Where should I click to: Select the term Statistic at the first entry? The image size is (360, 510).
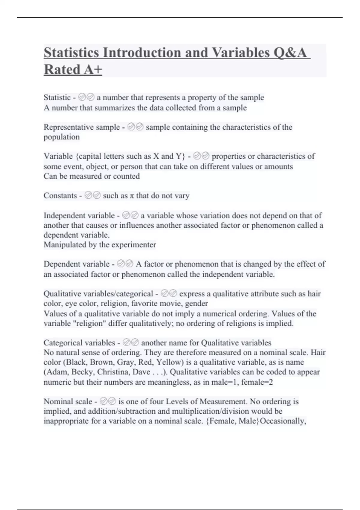coord(57,97)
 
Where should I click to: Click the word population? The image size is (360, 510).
coord(61,137)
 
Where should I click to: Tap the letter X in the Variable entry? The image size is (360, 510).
coord(156,156)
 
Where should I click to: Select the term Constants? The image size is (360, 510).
coord(60,196)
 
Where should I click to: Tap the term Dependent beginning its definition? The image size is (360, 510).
coord(62,264)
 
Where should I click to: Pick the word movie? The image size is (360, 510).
coord(172,303)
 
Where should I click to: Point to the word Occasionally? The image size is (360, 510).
coord(283,421)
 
